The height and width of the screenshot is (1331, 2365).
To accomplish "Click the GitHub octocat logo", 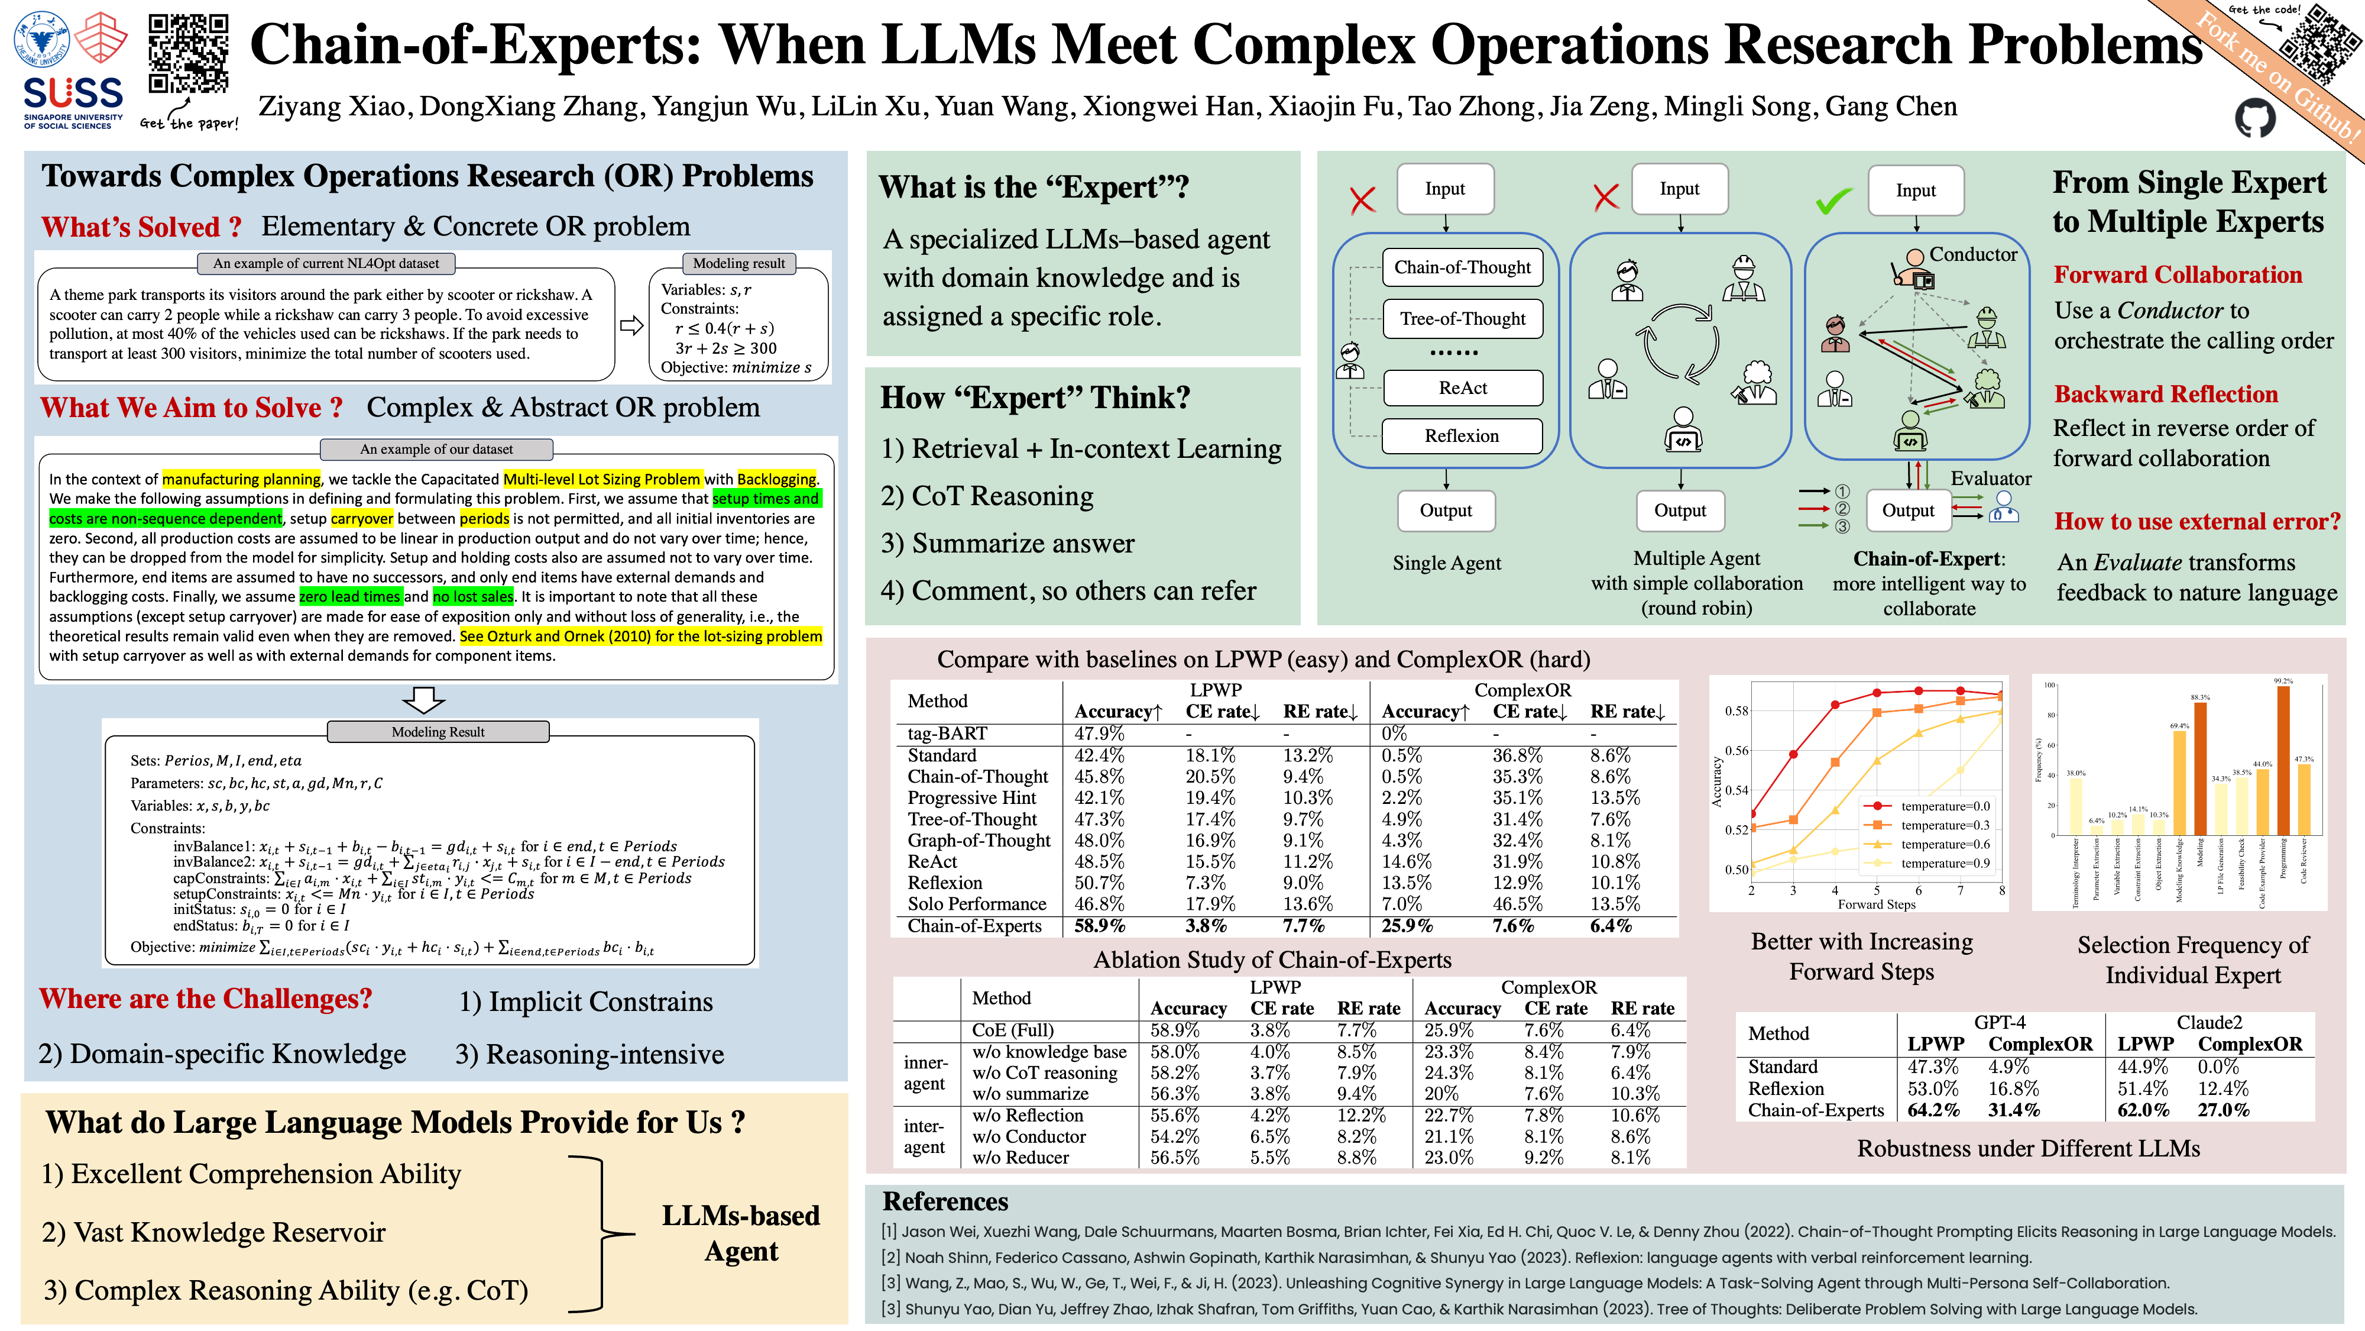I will pyautogui.click(x=2255, y=118).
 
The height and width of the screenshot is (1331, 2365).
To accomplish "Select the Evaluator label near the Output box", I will pyautogui.click(x=1990, y=479).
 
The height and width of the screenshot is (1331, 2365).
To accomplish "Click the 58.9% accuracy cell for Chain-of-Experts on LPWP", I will pyautogui.click(x=1099, y=926).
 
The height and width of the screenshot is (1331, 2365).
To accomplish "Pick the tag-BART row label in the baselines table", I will pyautogui.click(x=947, y=733).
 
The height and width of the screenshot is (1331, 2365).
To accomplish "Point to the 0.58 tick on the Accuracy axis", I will pyautogui.click(x=1736, y=711).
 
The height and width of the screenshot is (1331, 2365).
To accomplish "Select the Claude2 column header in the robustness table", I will pyautogui.click(x=2209, y=1022).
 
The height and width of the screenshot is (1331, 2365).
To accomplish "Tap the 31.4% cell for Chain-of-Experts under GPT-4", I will pyautogui.click(x=2013, y=1110).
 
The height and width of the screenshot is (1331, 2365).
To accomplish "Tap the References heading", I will pyautogui.click(x=945, y=1201).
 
